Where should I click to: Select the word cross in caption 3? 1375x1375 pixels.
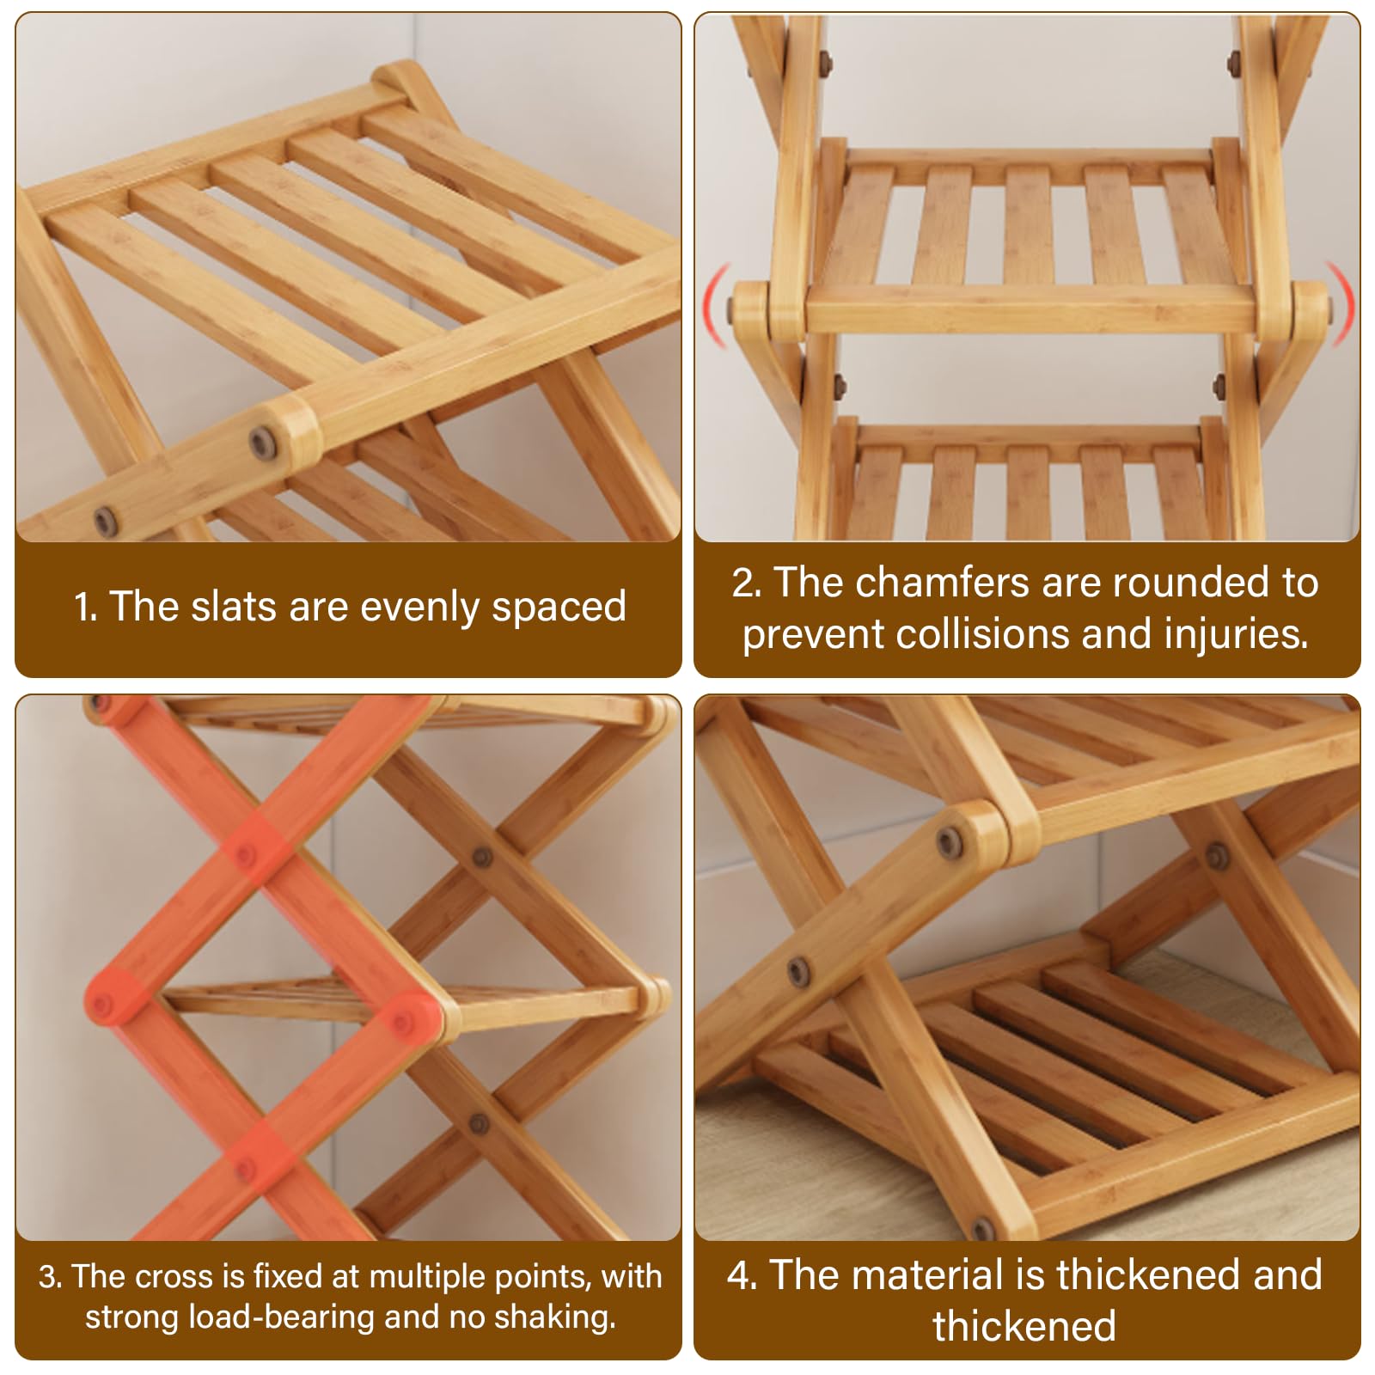point(175,1277)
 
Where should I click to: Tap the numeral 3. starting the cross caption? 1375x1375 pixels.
point(50,1277)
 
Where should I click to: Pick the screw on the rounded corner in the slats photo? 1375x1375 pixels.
point(262,443)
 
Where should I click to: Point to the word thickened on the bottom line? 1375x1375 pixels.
point(1024,1326)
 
